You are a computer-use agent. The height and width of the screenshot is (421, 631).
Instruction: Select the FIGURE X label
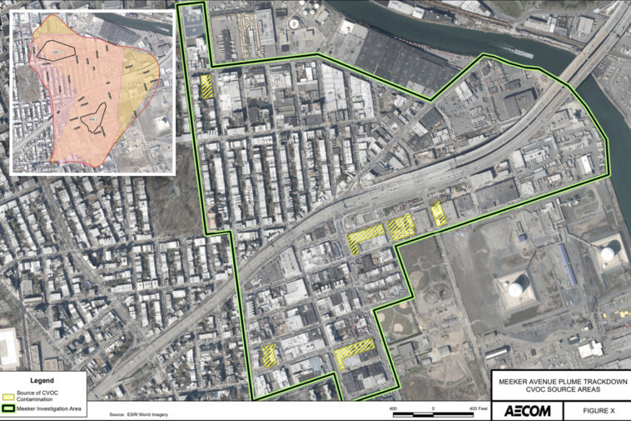594,411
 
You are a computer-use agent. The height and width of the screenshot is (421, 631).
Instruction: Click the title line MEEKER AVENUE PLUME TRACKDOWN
559,381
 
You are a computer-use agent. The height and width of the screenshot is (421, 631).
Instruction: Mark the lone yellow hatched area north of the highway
206,86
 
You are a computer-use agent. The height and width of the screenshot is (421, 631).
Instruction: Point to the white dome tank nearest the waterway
609,249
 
